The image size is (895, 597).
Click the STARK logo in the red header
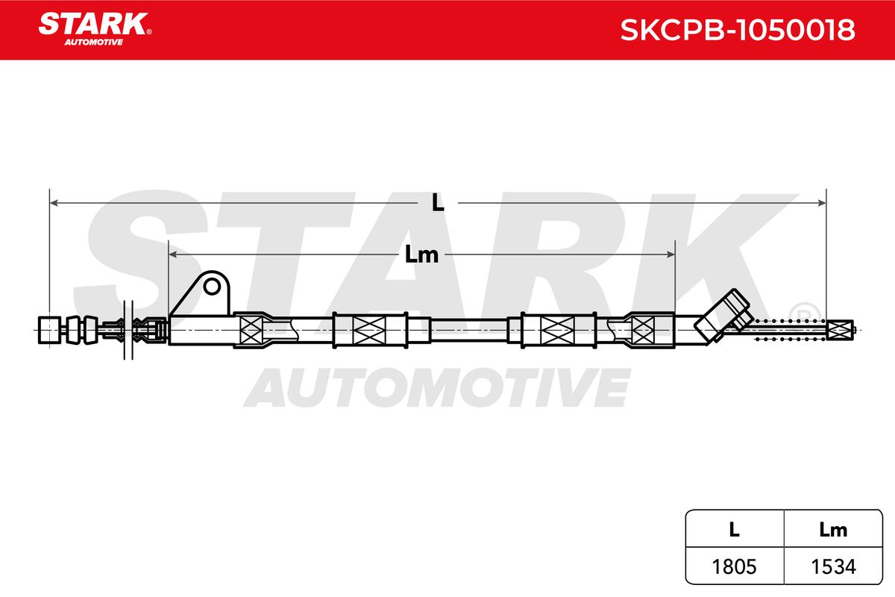pyautogui.click(x=95, y=29)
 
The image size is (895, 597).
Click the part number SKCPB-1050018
pyautogui.click(x=738, y=30)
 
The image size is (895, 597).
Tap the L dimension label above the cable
pyautogui.click(x=438, y=203)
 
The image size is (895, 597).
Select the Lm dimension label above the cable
pyautogui.click(x=421, y=254)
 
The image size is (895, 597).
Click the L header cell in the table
pyautogui.click(x=735, y=529)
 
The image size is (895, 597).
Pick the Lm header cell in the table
pyautogui.click(x=833, y=529)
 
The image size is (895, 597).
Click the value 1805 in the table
pyautogui.click(x=735, y=566)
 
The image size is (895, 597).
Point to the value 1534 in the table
pyautogui.click(x=834, y=566)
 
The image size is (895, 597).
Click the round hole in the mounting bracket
pyautogui.click(x=212, y=287)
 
